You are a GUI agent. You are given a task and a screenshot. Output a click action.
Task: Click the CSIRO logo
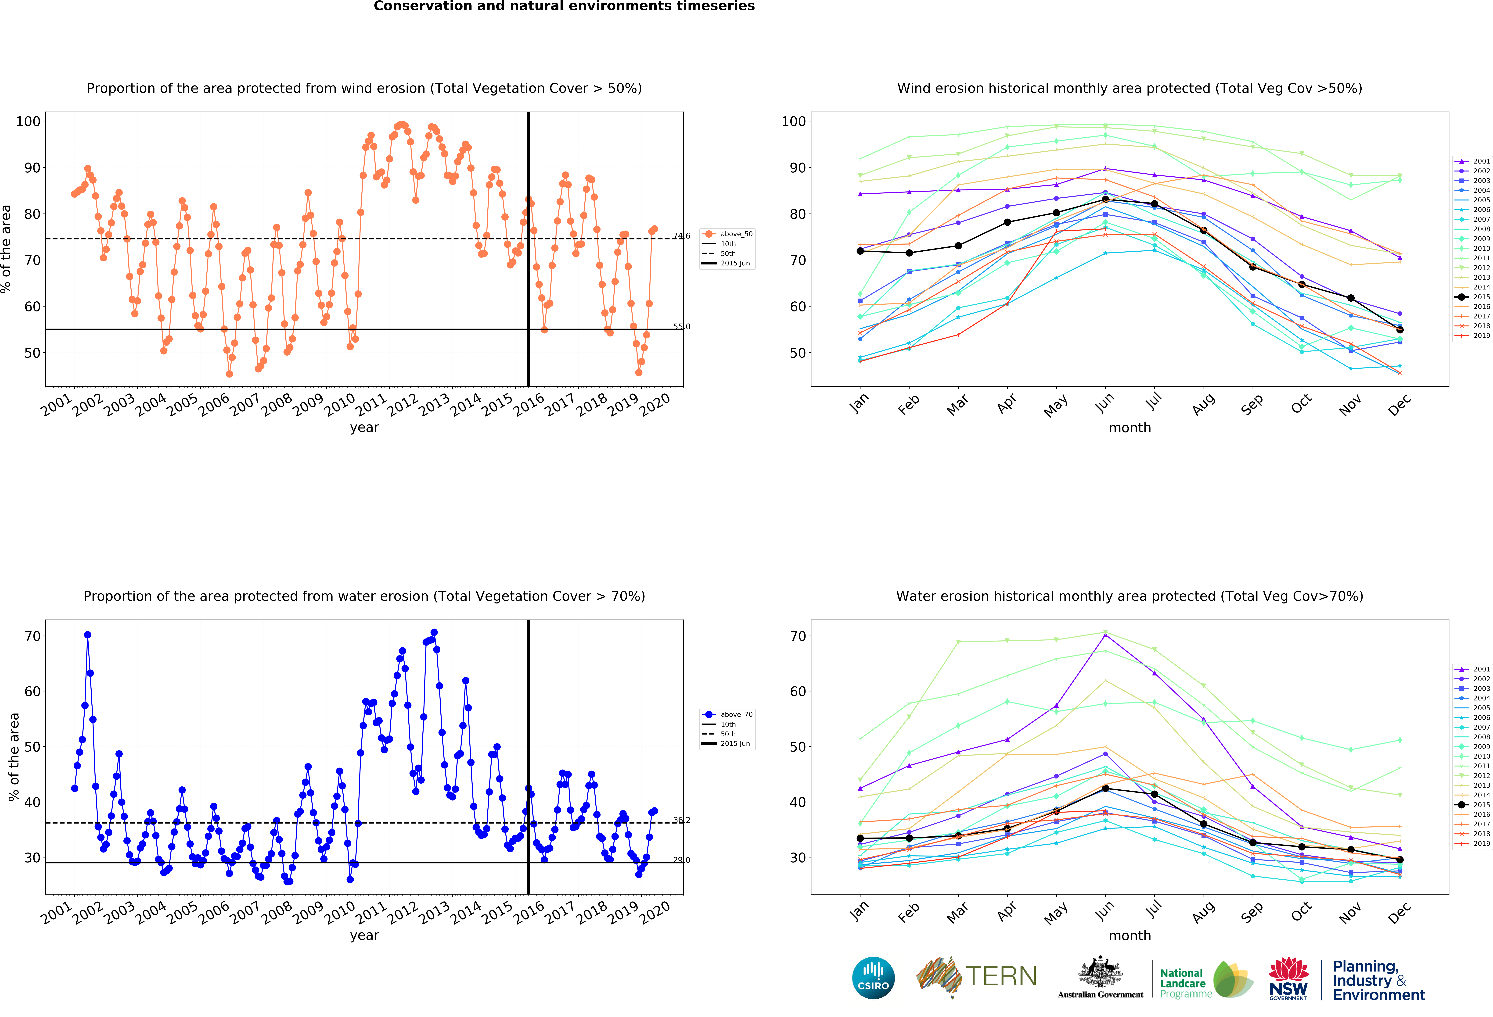[873, 978]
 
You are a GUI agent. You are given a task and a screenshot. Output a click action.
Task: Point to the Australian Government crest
[1101, 973]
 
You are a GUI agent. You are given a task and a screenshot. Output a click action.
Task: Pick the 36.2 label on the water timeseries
[682, 820]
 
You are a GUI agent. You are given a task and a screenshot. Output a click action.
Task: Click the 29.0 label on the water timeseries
[682, 860]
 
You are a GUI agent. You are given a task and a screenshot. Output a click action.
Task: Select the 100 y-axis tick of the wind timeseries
[28, 121]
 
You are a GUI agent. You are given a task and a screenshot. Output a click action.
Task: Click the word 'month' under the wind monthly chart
[1129, 428]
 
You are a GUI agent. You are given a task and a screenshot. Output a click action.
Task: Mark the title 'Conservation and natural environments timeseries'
[564, 6]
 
